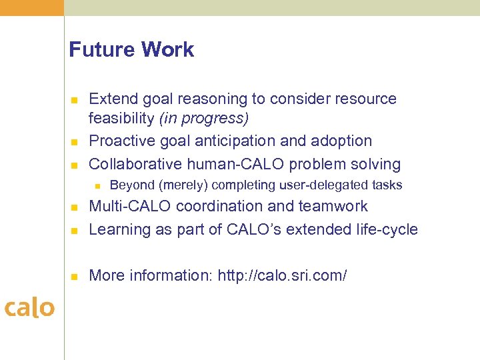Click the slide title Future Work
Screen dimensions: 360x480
coord(131,50)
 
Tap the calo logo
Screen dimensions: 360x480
coord(29,308)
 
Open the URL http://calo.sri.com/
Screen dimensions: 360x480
coord(282,275)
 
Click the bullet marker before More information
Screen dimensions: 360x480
coord(75,276)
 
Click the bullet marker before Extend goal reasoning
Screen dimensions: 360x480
coord(75,100)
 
